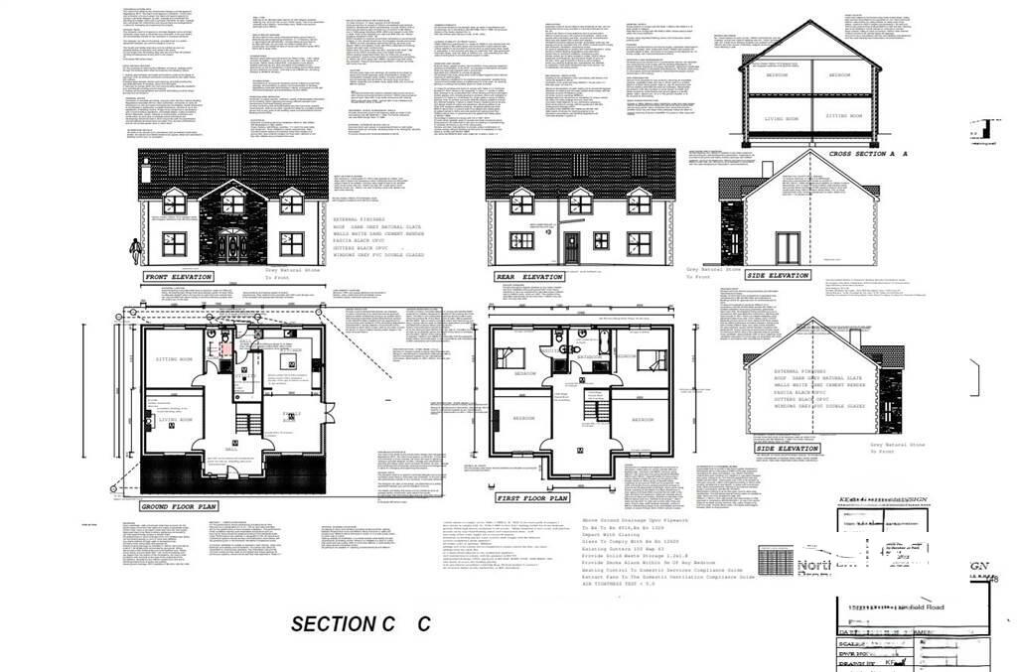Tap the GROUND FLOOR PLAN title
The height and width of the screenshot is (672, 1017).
point(178,505)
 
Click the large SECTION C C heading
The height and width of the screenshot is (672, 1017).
point(361,623)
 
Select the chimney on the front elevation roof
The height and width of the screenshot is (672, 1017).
point(147,172)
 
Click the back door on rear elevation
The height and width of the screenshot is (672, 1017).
point(570,245)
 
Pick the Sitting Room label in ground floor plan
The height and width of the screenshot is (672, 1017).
point(171,358)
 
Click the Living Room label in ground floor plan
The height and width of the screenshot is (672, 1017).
point(175,419)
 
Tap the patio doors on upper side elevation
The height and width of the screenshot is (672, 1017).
point(788,245)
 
